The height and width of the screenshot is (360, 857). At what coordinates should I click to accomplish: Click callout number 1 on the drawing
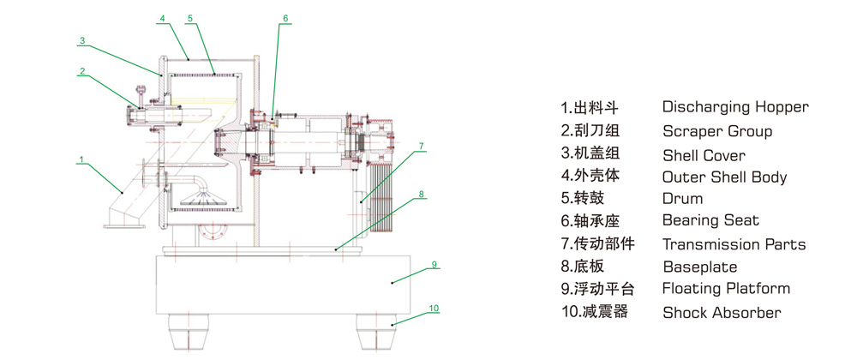(81, 159)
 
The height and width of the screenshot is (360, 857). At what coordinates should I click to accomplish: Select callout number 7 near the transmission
(422, 147)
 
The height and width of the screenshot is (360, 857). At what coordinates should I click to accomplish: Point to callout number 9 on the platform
(434, 265)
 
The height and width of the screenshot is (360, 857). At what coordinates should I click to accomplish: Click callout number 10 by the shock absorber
(434, 308)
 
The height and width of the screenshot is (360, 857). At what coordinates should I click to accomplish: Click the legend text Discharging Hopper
(734, 107)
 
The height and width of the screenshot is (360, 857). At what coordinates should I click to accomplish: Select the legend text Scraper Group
(716, 131)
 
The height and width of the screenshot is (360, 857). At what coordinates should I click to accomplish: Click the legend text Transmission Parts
(734, 244)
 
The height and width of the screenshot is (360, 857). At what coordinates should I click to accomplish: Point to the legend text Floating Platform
(726, 289)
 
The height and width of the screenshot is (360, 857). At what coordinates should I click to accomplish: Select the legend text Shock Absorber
(722, 312)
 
